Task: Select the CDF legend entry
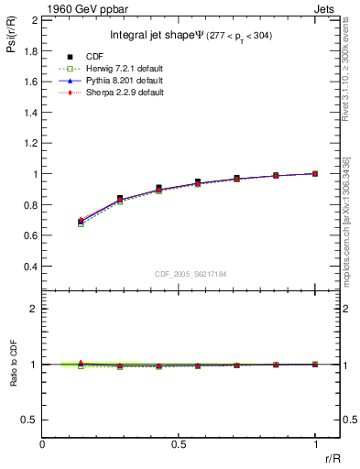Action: (x=121, y=57)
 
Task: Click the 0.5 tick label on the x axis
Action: (x=179, y=445)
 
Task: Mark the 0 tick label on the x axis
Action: (x=43, y=445)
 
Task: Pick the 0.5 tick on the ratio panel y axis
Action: (x=28, y=420)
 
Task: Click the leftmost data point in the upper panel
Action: (x=82, y=222)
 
